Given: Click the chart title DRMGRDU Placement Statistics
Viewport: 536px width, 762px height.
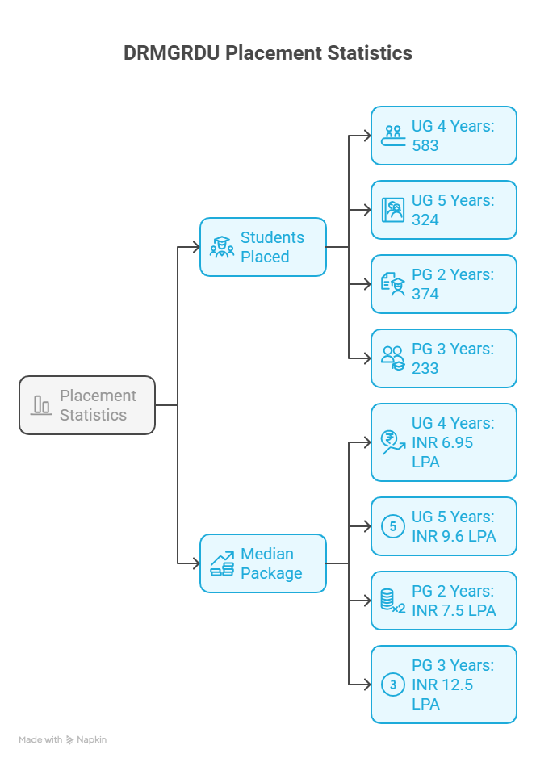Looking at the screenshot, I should point(268,53).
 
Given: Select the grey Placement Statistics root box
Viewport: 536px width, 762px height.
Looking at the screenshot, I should point(87,405).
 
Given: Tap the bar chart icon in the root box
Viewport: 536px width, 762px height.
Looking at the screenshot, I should point(41,405).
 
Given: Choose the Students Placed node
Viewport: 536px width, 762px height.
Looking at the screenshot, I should point(263,247).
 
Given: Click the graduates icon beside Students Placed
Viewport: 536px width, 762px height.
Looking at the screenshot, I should point(221,247).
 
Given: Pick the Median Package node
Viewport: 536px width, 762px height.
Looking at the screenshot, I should point(263,563).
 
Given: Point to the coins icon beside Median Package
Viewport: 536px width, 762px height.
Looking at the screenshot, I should point(222,563).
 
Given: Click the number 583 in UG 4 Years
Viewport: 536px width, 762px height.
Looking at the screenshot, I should point(425,146).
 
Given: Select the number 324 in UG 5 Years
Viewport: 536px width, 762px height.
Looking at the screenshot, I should point(425,220).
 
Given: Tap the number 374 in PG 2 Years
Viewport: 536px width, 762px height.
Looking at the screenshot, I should point(425,294).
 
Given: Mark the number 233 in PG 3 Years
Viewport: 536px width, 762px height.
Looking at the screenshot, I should point(425,368).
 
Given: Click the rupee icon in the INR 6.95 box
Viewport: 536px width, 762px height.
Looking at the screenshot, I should point(392,442).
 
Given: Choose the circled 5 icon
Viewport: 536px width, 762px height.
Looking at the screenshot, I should point(392,527).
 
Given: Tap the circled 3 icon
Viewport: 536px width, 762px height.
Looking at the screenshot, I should point(392,685).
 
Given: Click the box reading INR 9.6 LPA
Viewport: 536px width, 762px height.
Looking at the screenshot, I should point(444,526).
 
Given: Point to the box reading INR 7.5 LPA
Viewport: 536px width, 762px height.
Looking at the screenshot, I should point(444,601).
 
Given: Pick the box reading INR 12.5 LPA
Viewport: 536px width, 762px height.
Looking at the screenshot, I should point(444,685).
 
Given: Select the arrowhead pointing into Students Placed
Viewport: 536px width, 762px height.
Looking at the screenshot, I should point(195,247).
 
